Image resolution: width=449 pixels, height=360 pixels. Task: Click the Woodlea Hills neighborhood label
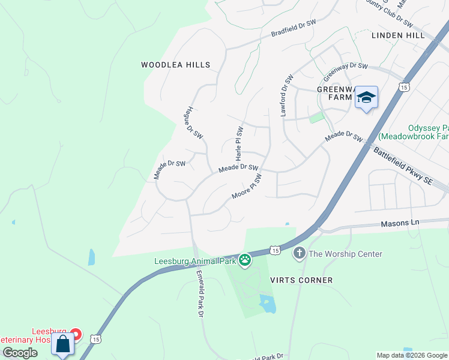pyautogui.click(x=176, y=65)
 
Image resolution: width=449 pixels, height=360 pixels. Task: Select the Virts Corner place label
pyautogui.click(x=301, y=280)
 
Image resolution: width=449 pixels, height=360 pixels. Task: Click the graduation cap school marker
pyautogui.click(x=366, y=98)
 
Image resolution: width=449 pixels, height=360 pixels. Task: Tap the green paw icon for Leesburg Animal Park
pyautogui.click(x=245, y=260)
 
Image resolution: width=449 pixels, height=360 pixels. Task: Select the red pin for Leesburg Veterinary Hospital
pyautogui.click(x=76, y=333)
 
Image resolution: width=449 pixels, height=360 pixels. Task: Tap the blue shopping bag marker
pyautogui.click(x=63, y=345)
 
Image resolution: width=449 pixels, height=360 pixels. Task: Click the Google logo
pyautogui.click(x=20, y=353)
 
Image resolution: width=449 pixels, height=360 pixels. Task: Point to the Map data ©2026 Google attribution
pyautogui.click(x=411, y=355)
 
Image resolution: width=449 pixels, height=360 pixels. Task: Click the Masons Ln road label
pyautogui.click(x=400, y=223)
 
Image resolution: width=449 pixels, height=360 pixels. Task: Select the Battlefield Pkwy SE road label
pyautogui.click(x=403, y=166)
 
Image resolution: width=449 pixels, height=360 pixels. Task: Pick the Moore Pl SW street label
pyautogui.click(x=247, y=188)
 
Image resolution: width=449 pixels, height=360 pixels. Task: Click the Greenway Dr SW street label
pyautogui.click(x=345, y=72)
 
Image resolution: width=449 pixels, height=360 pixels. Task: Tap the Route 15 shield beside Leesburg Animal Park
pyautogui.click(x=274, y=248)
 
